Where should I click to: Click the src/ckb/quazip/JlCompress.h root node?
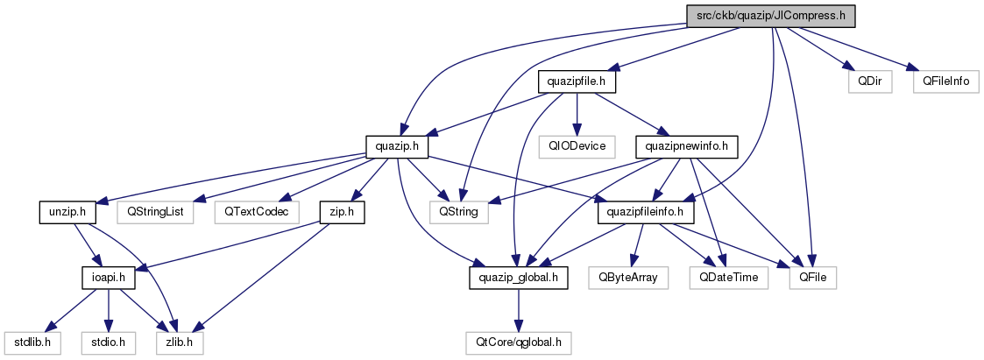coord(771,17)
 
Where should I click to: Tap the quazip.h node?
coord(397,147)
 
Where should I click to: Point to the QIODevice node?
coord(576,147)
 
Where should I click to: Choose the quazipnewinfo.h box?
coord(685,147)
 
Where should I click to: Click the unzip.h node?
coord(67,212)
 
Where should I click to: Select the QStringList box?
coord(155,212)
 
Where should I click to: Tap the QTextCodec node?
coord(256,212)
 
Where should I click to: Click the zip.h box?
coord(342,212)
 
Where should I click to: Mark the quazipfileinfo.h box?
coord(647,212)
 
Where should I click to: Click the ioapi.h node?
coord(110,277)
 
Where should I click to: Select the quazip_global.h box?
coord(519,277)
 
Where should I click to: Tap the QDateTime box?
coord(729,277)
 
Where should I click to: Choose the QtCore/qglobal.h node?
coord(519,342)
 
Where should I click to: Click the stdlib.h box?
coord(32,342)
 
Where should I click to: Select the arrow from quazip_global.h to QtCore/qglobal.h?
coord(519,310)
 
